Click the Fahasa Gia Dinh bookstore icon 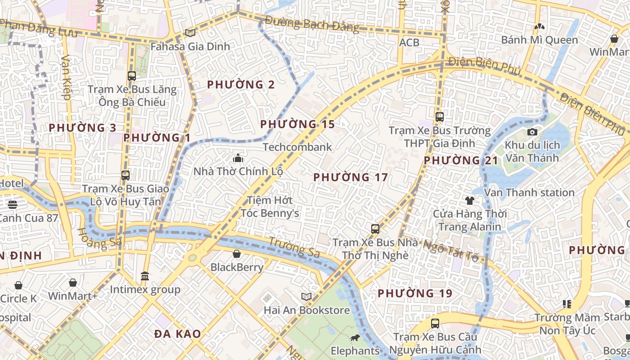(190, 33)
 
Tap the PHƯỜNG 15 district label (297, 124)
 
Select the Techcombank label (297, 147)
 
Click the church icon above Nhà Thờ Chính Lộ (238, 158)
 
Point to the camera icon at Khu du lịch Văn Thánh (532, 132)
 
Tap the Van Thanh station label (529, 193)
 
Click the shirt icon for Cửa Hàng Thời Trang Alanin (470, 200)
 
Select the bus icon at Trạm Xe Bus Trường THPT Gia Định (440, 117)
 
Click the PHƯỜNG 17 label (351, 177)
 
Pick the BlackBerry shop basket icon (237, 254)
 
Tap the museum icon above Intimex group (145, 276)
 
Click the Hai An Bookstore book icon (306, 297)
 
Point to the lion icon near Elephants (355, 337)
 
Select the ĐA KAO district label (177, 334)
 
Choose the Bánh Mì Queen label (540, 40)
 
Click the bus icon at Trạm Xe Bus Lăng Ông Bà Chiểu (132, 76)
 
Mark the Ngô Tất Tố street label (451, 251)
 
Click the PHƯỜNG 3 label (83, 128)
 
